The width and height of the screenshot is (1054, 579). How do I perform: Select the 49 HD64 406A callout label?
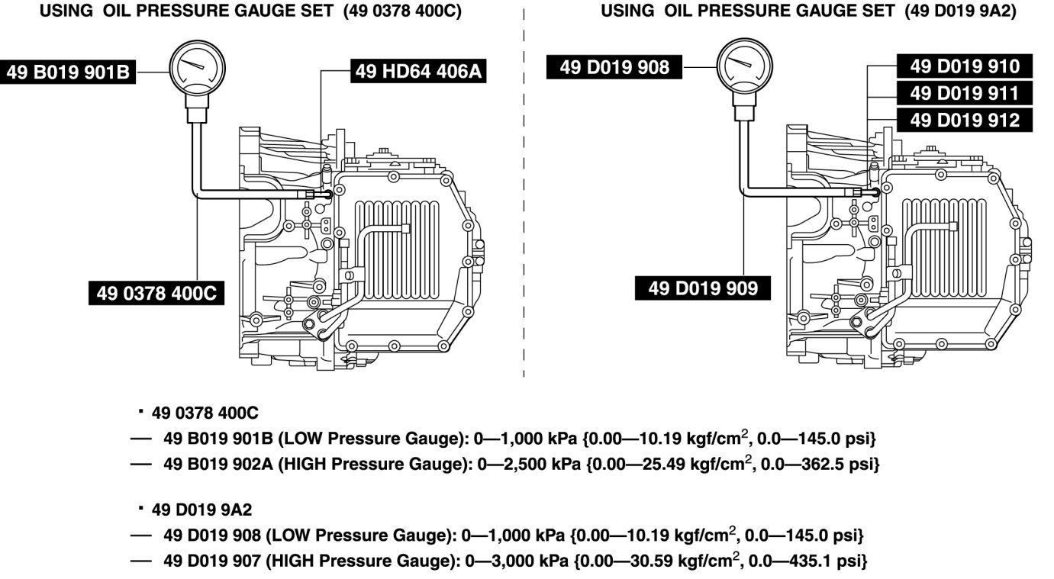point(418,72)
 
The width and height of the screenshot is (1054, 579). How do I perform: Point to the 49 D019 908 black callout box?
point(614,67)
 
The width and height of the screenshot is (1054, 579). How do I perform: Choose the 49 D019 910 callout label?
point(964,66)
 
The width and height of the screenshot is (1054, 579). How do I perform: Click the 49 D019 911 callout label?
point(964,93)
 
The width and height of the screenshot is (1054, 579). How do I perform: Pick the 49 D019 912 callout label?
point(964,120)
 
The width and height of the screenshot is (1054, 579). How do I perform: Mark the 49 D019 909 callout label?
point(703,288)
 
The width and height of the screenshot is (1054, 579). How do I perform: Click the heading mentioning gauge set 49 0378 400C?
point(250,11)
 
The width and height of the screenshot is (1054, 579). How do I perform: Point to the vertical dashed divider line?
point(524,191)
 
